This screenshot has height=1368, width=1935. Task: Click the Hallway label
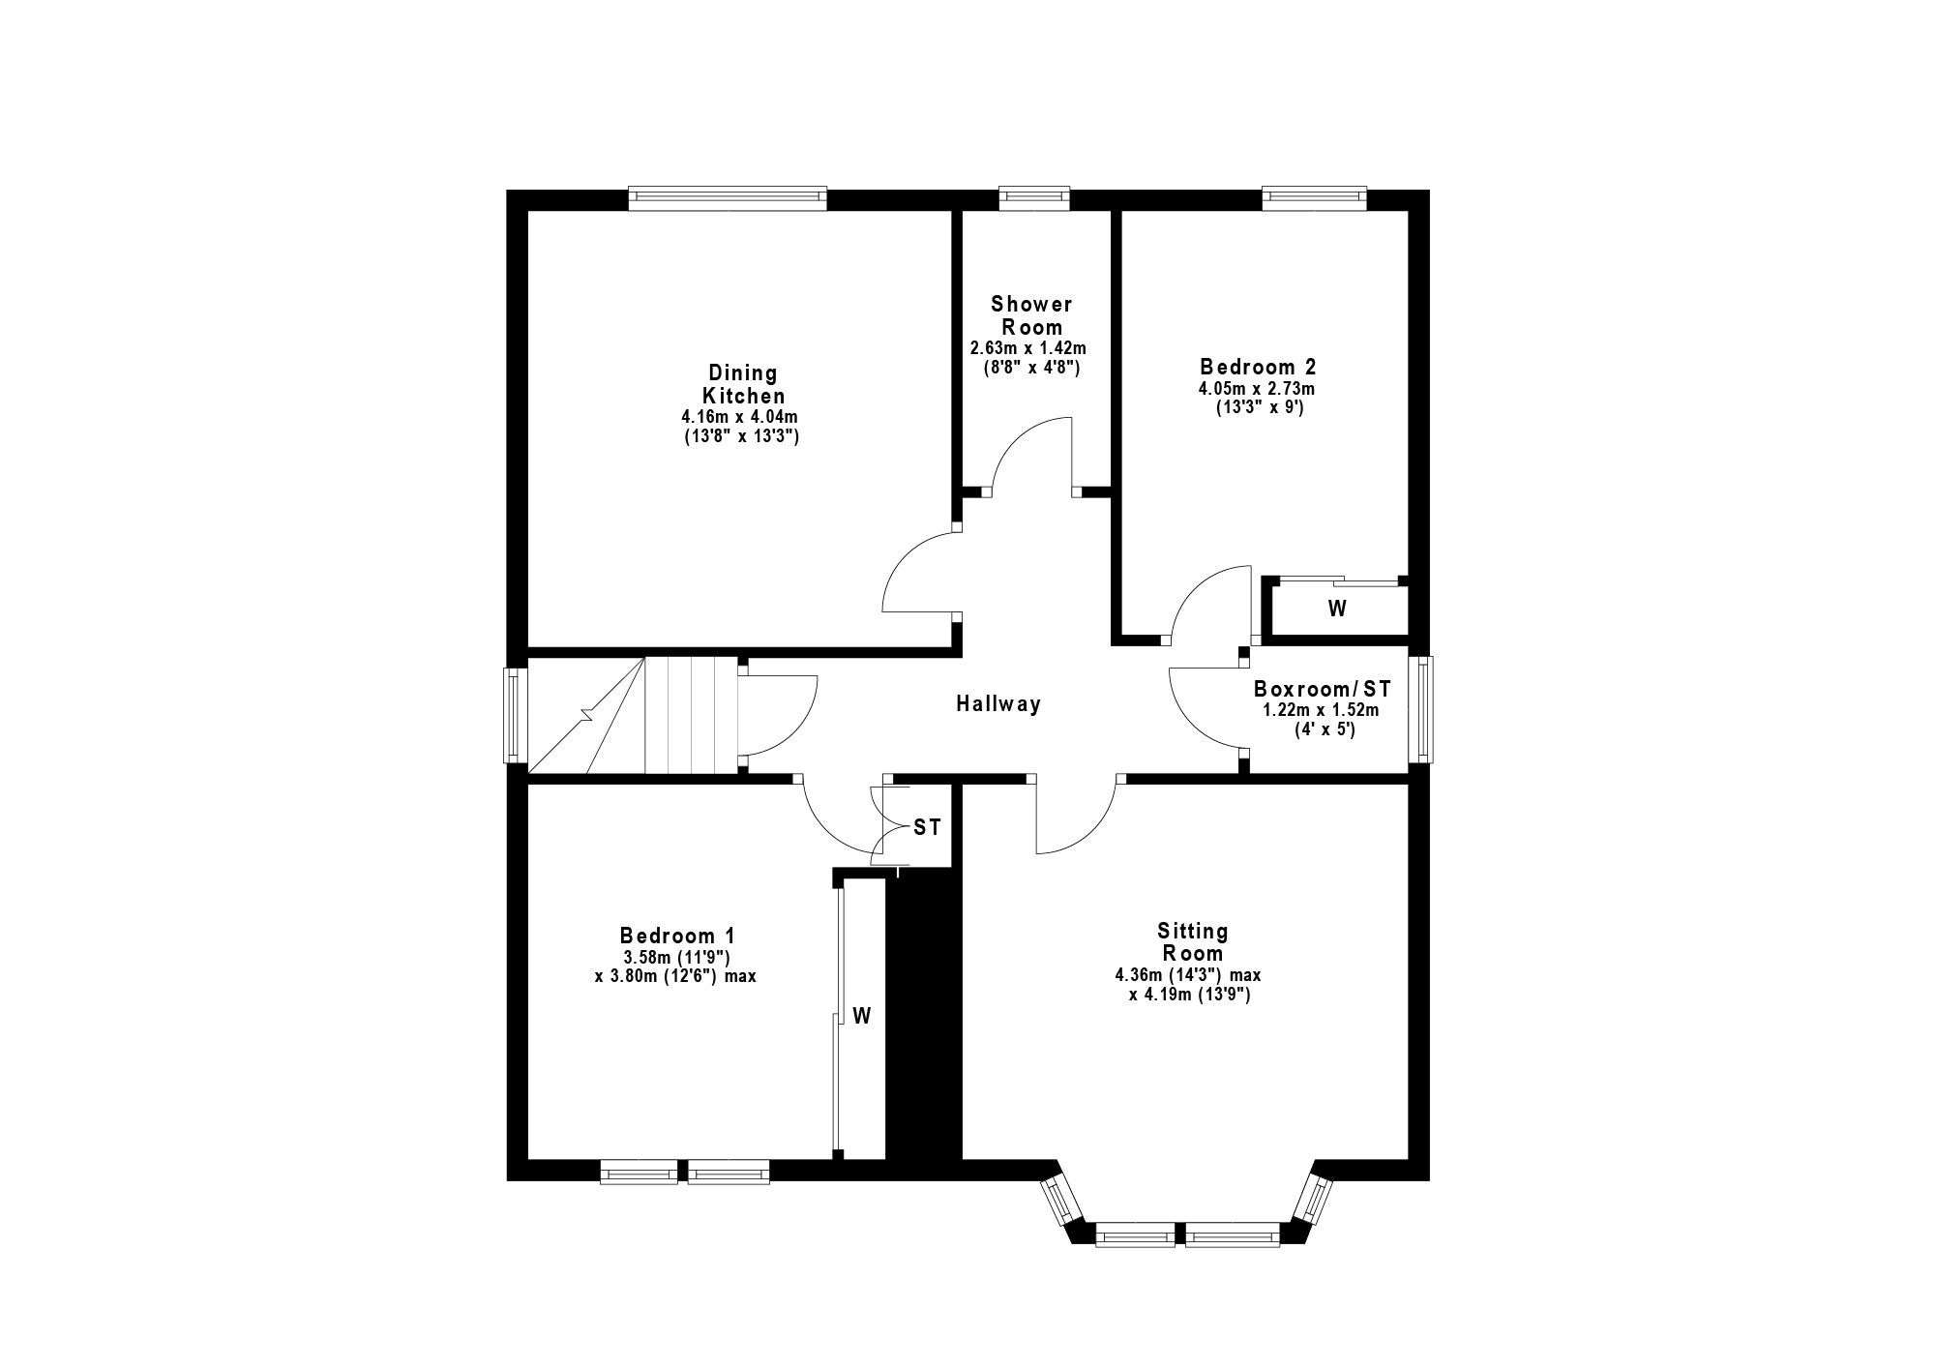tap(998, 704)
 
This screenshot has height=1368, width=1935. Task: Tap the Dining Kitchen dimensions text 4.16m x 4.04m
tap(741, 417)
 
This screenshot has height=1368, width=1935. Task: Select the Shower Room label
tap(1031, 315)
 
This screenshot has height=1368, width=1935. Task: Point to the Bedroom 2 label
tap(1258, 367)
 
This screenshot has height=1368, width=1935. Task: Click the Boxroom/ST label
tap(1322, 689)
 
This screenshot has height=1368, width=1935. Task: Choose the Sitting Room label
tap(1193, 942)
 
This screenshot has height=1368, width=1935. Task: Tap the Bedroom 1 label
tap(677, 936)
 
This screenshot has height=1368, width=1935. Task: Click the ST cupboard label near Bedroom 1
tap(927, 828)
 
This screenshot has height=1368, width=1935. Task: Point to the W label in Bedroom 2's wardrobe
tap(1337, 609)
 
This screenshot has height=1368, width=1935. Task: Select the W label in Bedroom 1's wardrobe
tap(862, 1016)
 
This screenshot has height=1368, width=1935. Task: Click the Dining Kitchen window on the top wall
tap(728, 198)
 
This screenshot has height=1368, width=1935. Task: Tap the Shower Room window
tap(1034, 198)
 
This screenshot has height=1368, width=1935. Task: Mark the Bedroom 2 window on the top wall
tap(1314, 198)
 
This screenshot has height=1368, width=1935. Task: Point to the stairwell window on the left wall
tap(516, 715)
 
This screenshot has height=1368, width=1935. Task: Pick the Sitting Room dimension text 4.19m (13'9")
tap(1190, 995)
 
